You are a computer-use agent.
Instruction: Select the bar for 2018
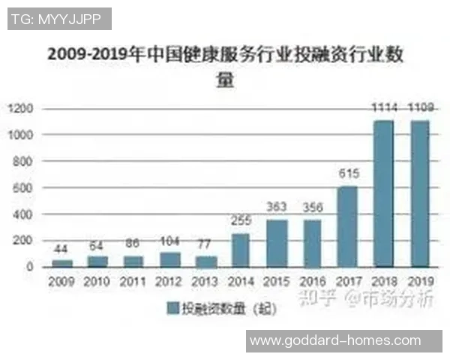pyautogui.click(x=385, y=193)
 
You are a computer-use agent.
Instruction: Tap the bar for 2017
pyautogui.click(x=349, y=226)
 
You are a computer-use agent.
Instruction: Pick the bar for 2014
pyautogui.click(x=240, y=250)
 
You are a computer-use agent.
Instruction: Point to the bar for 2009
pyautogui.click(x=61, y=263)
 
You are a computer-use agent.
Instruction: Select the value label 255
pyautogui.click(x=240, y=221)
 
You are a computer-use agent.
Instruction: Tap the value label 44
pyautogui.click(x=61, y=248)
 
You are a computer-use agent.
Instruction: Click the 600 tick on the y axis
pyautogui.click(x=22, y=187)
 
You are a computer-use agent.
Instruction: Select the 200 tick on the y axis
pyautogui.click(x=22, y=240)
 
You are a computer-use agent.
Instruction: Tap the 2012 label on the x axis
pyautogui.click(x=168, y=281)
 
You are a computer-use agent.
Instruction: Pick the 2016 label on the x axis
pyautogui.click(x=313, y=281)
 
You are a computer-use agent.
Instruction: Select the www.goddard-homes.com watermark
pyautogui.click(x=334, y=340)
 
